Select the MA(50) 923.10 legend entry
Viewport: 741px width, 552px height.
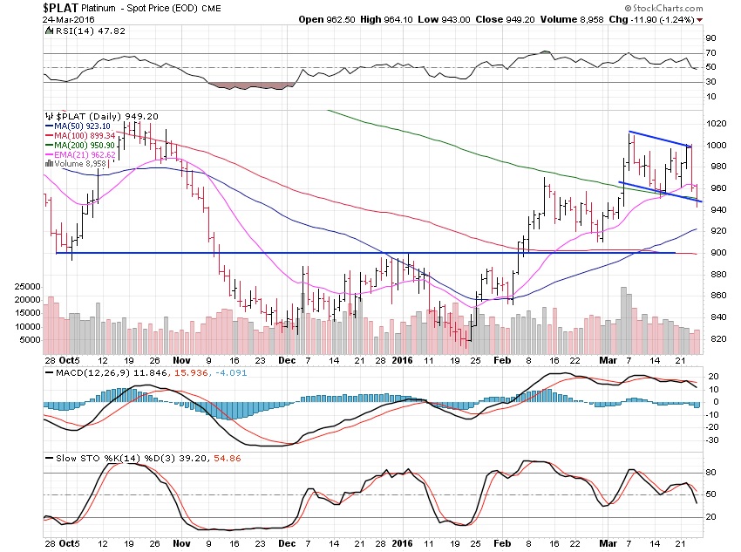tap(77, 126)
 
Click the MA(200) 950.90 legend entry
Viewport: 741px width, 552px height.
tap(78, 145)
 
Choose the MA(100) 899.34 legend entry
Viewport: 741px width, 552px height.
tap(78, 135)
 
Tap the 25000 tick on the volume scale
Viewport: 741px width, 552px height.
tap(29, 286)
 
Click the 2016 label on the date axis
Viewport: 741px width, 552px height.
tap(401, 359)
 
